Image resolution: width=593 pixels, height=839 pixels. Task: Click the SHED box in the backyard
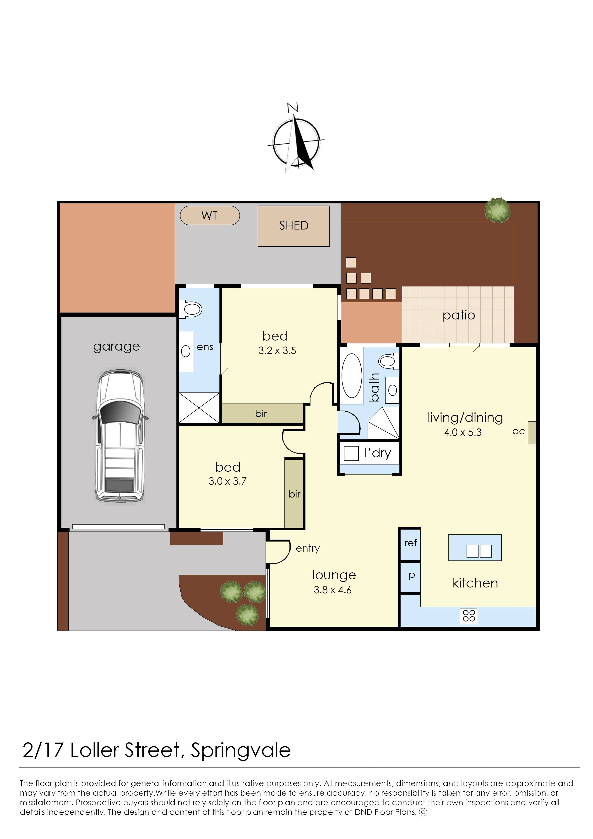pyautogui.click(x=294, y=226)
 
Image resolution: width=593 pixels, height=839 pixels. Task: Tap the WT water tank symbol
pyautogui.click(x=210, y=215)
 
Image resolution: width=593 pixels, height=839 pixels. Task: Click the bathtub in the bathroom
pyautogui.click(x=351, y=375)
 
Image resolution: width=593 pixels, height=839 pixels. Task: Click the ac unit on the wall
pyautogui.click(x=532, y=433)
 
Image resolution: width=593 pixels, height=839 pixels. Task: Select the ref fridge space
pyautogui.click(x=410, y=543)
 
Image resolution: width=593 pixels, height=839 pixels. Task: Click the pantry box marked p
pyautogui.click(x=411, y=576)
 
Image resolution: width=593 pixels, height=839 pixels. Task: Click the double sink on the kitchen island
pyautogui.click(x=479, y=551)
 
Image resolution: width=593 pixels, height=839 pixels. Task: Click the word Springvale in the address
pyautogui.click(x=241, y=750)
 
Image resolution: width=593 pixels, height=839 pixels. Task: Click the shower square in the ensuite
pyautogui.click(x=199, y=408)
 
